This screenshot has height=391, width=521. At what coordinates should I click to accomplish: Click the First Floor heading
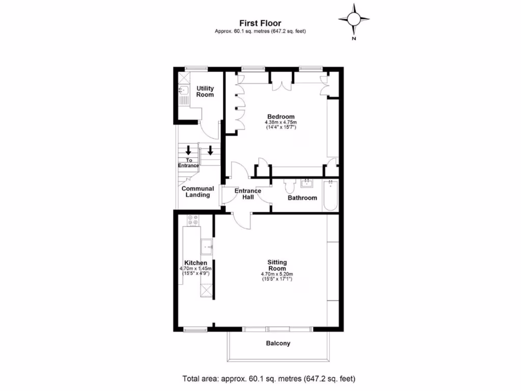pyautogui.click(x=260, y=23)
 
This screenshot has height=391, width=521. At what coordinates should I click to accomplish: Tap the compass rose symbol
pyautogui.click(x=354, y=19)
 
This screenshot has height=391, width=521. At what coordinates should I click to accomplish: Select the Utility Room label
pyautogui.click(x=205, y=92)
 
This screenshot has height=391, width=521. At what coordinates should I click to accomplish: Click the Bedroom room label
pyautogui.click(x=280, y=117)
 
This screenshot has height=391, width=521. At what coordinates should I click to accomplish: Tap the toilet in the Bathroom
pyautogui.click(x=291, y=186)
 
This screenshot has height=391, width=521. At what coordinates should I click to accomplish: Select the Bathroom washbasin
pyautogui.click(x=307, y=183)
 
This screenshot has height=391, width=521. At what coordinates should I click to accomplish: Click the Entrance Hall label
pyautogui.click(x=248, y=194)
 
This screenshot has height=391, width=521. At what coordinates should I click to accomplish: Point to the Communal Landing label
pyautogui.click(x=198, y=191)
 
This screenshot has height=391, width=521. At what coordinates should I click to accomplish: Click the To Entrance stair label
pyautogui.click(x=188, y=163)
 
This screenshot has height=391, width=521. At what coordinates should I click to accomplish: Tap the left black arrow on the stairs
pyautogui.click(x=188, y=150)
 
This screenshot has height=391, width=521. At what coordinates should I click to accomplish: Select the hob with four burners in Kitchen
pyautogui.click(x=193, y=220)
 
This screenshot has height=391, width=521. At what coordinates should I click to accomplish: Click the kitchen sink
pyautogui.click(x=207, y=246)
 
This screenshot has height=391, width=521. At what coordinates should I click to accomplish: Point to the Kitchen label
pyautogui.click(x=195, y=263)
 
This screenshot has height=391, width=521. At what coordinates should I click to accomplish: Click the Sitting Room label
pyautogui.click(x=277, y=265)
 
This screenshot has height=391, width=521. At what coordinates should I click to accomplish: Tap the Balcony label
pyautogui.click(x=278, y=343)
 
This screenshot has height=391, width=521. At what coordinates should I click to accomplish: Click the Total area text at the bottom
pyautogui.click(x=269, y=379)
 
